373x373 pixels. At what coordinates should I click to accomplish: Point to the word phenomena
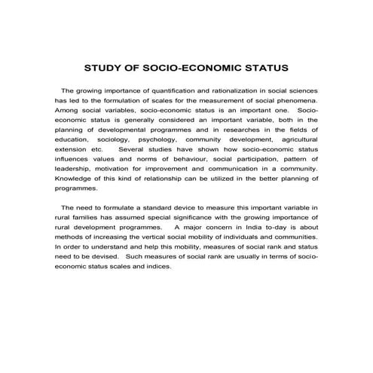301,100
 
